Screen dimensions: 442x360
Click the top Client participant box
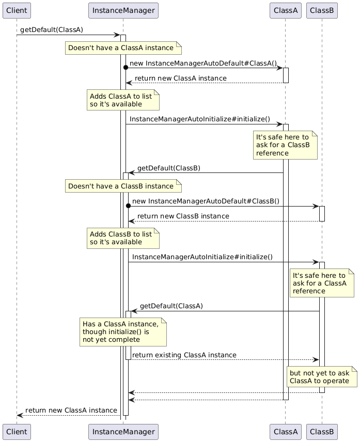pos(17,10)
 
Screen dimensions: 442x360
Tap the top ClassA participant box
pos(285,10)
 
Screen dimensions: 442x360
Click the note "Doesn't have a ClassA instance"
pos(123,48)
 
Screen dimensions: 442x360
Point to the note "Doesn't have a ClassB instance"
pos(123,186)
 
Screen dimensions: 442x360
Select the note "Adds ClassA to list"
pos(123,100)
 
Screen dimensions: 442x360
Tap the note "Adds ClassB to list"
pos(123,238)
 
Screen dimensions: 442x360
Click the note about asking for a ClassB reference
pos(285,146)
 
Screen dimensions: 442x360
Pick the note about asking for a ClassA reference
pos(322,283)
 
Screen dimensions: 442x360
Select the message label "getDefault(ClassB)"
pos(169,168)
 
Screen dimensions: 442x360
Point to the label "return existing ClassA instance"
pos(184,355)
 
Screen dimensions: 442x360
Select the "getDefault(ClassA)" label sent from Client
pos(52,30)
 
